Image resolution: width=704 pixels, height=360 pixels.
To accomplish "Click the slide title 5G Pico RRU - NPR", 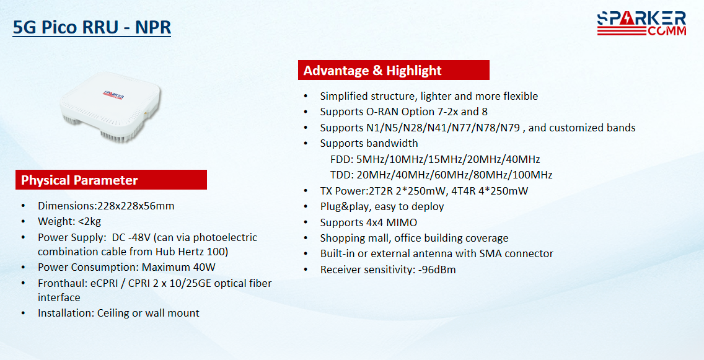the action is pyautogui.click(x=92, y=27).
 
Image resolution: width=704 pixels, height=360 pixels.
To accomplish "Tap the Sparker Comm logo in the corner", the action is pyautogui.click(x=641, y=24).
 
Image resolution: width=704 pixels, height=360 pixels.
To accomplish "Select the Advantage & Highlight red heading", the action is pyautogui.click(x=394, y=70).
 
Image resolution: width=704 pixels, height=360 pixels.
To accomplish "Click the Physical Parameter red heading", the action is pyautogui.click(x=111, y=180).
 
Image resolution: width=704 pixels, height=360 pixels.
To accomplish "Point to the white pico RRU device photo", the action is pyautogui.click(x=110, y=107).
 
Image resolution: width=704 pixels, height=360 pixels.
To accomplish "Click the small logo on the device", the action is pyautogui.click(x=113, y=95).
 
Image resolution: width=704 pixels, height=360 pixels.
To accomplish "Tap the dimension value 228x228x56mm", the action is pyautogui.click(x=136, y=206).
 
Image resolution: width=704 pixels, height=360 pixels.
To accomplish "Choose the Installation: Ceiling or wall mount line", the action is pyautogui.click(x=118, y=313).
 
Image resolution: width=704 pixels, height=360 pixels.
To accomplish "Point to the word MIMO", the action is pyautogui.click(x=403, y=222).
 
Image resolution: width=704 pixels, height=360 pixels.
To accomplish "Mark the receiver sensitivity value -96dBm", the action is pyautogui.click(x=437, y=270).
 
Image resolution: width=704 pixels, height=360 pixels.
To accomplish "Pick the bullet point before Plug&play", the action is pyautogui.click(x=306, y=206).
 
